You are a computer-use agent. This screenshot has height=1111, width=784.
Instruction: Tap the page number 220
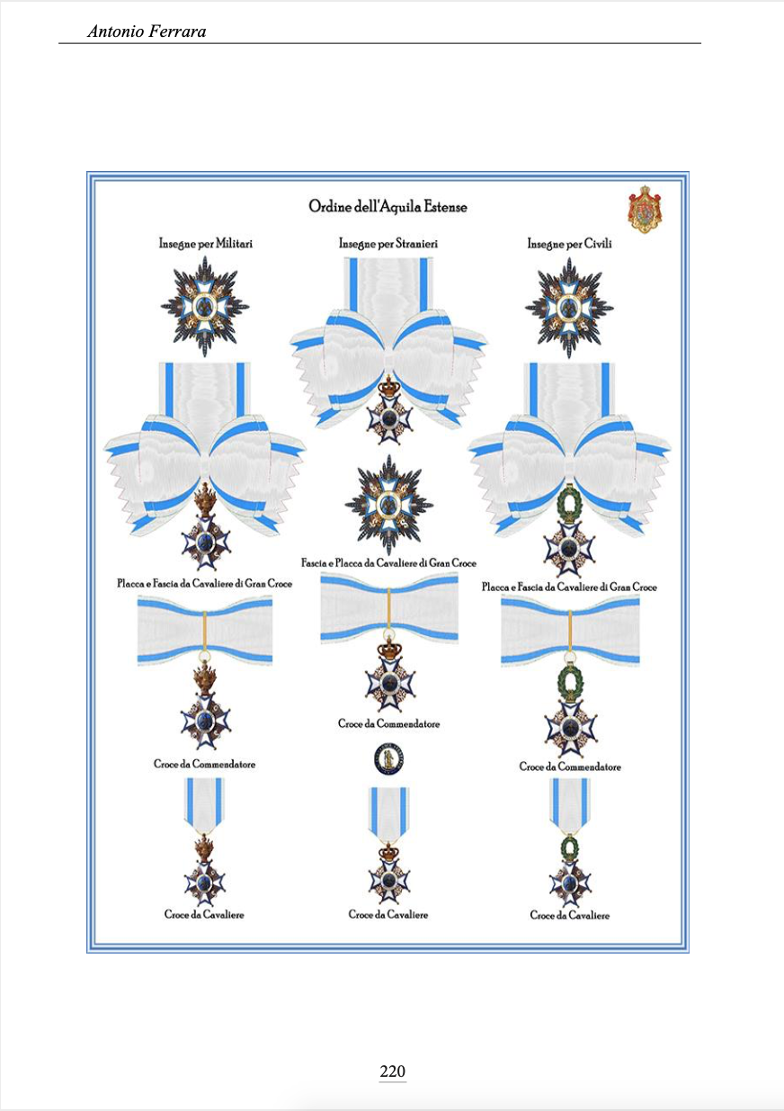click(393, 1071)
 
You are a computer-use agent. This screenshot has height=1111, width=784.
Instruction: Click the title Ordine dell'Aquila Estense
click(388, 207)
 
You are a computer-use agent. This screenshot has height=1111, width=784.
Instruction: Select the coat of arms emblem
click(644, 209)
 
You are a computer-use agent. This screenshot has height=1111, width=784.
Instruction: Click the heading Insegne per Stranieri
click(388, 244)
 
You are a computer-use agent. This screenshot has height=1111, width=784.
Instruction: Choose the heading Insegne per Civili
click(569, 244)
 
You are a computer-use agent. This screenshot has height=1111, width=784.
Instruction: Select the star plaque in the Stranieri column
click(388, 504)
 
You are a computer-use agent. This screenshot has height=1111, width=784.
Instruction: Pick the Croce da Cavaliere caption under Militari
click(204, 914)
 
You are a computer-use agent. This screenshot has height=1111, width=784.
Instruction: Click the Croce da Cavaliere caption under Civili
click(569, 915)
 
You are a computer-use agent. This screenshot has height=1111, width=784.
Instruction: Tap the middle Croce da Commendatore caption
click(388, 723)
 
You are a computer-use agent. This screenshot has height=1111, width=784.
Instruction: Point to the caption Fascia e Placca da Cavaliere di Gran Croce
click(388, 562)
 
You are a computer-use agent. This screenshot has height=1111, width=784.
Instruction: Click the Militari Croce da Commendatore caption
click(204, 764)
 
